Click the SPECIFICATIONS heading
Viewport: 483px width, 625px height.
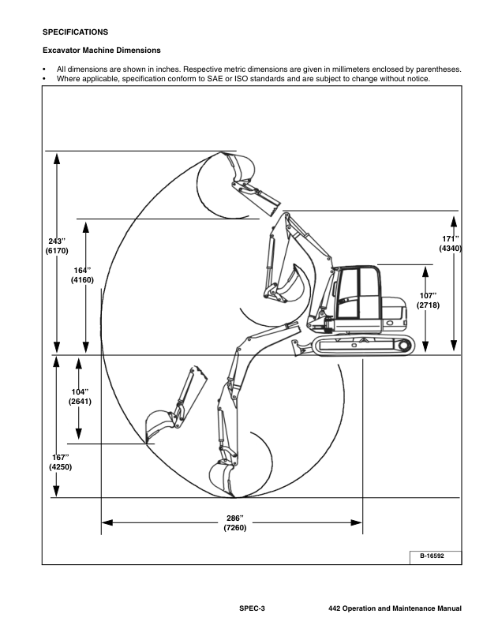pos(75,32)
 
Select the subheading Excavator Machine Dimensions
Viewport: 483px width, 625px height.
pos(100,51)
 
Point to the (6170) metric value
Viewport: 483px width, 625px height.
pos(58,251)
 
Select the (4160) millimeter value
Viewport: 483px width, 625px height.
pos(83,280)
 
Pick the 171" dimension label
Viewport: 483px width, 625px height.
pos(449,238)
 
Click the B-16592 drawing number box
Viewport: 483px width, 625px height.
pos(431,556)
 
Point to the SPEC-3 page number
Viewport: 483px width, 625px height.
pos(253,609)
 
